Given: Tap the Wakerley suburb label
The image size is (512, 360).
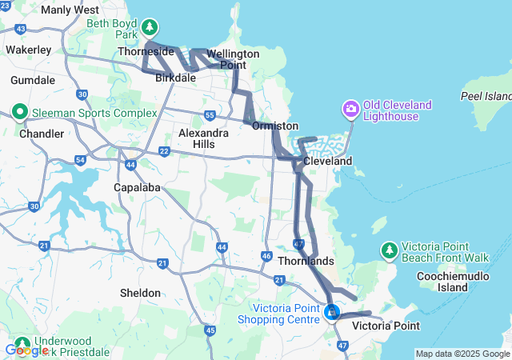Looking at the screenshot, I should (x=29, y=49).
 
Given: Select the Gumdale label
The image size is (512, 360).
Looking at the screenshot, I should (x=33, y=81).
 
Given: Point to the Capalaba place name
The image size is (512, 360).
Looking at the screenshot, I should (x=139, y=186).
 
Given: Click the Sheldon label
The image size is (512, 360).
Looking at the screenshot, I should (x=140, y=293).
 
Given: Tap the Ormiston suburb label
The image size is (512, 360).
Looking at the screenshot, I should (x=275, y=126).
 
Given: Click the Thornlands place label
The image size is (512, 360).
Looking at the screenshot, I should (x=306, y=262).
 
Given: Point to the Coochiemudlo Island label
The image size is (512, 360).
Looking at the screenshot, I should (x=453, y=281).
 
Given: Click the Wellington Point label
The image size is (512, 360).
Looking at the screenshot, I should (x=233, y=59).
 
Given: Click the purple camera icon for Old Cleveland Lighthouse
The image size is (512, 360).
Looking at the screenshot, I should (x=350, y=108).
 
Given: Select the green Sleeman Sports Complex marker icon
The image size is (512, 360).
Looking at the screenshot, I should (x=20, y=113).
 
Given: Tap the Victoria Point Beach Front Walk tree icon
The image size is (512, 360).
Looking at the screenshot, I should (x=389, y=250).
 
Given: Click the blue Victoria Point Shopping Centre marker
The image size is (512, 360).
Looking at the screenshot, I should (x=330, y=310).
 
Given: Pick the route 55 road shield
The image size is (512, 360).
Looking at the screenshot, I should (x=210, y=114).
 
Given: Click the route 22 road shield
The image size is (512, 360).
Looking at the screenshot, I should (x=164, y=151).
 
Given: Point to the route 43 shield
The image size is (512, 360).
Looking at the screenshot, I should (x=20, y=29).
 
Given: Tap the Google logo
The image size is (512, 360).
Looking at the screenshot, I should (x=26, y=350).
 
